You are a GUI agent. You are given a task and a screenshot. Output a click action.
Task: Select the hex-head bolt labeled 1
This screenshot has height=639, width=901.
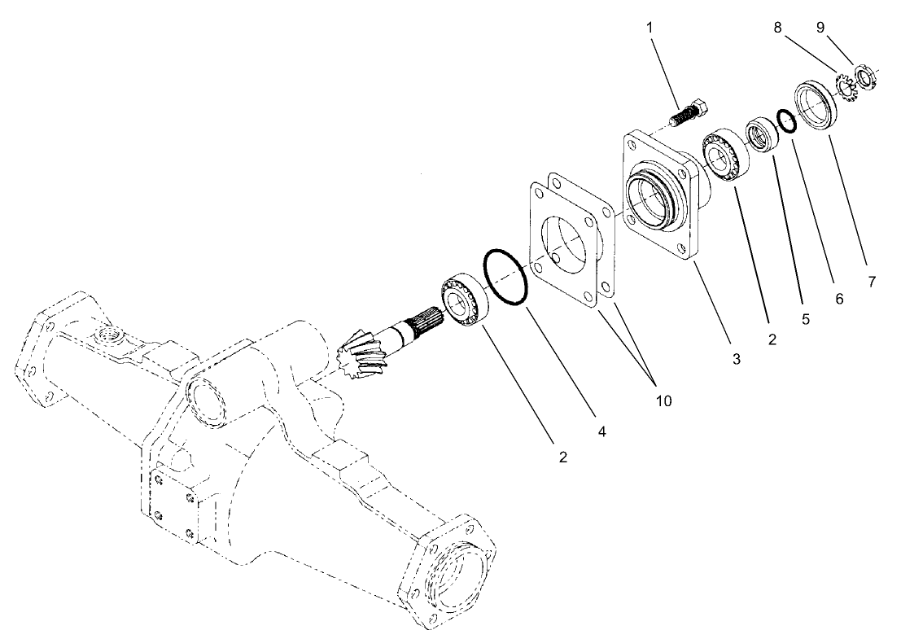[690, 113]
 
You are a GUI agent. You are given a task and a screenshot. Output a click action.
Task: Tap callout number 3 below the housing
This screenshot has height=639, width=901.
[736, 358]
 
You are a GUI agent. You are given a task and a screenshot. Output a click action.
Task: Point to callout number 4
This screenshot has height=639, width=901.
[601, 431]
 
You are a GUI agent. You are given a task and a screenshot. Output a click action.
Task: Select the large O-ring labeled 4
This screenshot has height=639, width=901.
[505, 278]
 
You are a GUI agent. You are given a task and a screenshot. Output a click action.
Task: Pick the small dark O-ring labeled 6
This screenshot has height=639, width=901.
[785, 121]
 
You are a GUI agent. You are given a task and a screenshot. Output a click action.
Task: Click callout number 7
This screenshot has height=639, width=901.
[871, 282]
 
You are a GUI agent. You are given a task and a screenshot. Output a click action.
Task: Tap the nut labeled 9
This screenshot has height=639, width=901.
[865, 79]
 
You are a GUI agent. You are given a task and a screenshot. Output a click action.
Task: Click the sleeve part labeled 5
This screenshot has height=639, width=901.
[763, 133]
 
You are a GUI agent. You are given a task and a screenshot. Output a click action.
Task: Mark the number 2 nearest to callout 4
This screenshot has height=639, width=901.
[562, 457]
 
